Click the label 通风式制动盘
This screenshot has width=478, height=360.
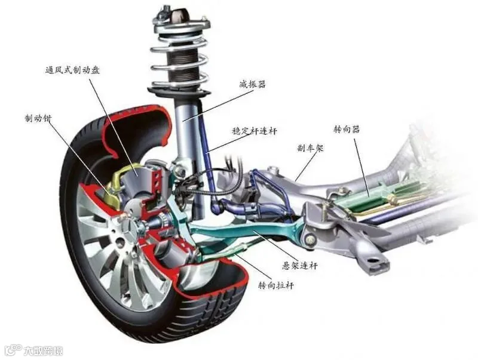click(x=72, y=70)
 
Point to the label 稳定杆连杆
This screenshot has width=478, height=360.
click(x=255, y=131)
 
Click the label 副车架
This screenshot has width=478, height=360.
click(x=310, y=148)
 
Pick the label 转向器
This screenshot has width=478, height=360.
click(x=347, y=129)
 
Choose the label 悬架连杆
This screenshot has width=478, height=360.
click(x=300, y=266)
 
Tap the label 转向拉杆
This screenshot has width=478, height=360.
click(x=276, y=286)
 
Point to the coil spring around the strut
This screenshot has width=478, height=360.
click(x=180, y=56)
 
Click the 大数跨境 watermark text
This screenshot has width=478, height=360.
click(x=43, y=350)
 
